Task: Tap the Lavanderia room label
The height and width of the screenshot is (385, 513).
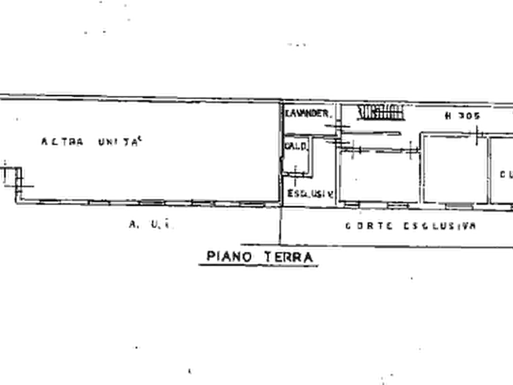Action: (x=307, y=113)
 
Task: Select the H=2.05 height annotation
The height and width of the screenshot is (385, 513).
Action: (x=461, y=117)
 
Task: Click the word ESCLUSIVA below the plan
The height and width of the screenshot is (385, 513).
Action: (x=439, y=225)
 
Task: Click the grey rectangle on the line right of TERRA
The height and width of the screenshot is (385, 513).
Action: (x=393, y=247)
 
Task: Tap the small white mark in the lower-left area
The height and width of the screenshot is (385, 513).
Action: (x=136, y=346)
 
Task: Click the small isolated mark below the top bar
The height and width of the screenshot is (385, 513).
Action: (x=296, y=43)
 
